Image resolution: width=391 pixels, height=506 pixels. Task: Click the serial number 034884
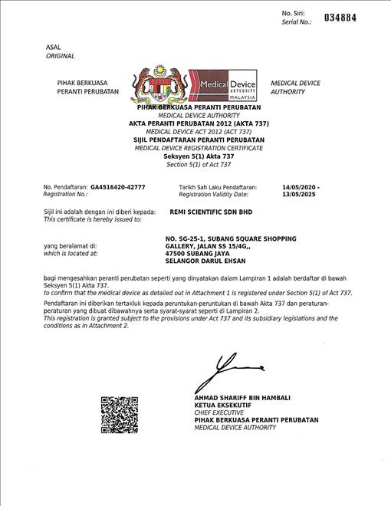[x=340, y=18]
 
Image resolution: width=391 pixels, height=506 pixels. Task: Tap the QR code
[x=119, y=415]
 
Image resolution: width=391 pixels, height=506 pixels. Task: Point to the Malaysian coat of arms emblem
[x=162, y=88]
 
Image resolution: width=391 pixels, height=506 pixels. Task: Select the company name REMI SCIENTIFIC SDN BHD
[x=210, y=212]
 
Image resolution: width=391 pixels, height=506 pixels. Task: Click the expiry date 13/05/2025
[x=297, y=195]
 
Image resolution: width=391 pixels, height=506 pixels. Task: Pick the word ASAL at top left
[x=53, y=48]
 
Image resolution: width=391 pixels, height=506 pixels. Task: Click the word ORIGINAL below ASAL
[x=61, y=56]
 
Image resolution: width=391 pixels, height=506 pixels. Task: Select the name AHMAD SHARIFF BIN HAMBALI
[x=242, y=397]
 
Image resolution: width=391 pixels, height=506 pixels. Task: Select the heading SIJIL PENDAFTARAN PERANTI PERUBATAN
[x=199, y=140]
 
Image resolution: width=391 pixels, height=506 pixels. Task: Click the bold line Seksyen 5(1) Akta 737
[x=199, y=156]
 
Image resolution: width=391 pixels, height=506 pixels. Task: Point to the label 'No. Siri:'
[x=294, y=13]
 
